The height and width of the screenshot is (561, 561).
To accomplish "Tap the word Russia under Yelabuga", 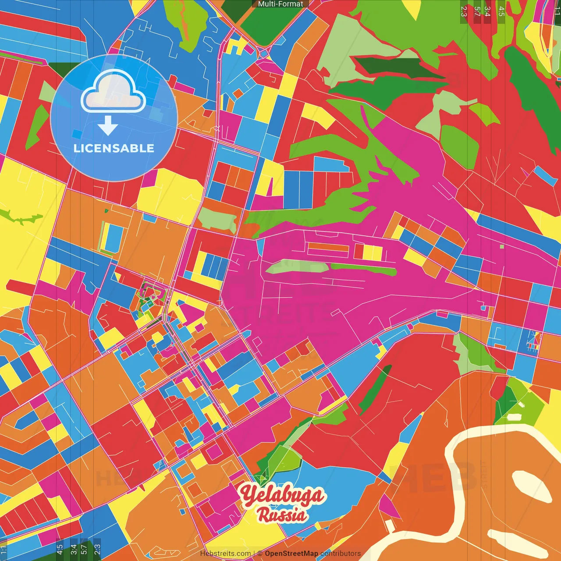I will (282, 515).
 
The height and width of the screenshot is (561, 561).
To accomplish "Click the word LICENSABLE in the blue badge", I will (114, 148).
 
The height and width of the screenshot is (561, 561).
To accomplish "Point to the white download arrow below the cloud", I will (108, 126).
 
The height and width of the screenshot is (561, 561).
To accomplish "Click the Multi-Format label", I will (280, 4).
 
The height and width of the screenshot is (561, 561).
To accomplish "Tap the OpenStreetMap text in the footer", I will (291, 554).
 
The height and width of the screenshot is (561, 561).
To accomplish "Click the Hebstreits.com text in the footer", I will (225, 554).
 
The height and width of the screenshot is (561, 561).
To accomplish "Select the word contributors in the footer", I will (341, 554).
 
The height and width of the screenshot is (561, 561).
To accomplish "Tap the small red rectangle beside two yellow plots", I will (359, 252).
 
